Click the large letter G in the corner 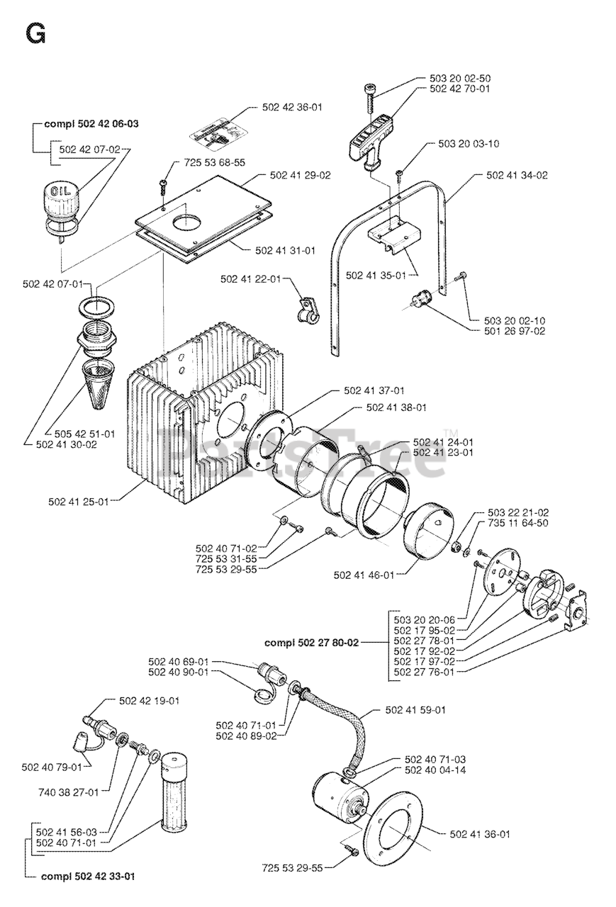[35, 33]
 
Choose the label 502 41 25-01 [79, 502]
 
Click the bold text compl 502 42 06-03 [91, 124]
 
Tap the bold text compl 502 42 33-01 [88, 877]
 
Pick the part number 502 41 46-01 [364, 575]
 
